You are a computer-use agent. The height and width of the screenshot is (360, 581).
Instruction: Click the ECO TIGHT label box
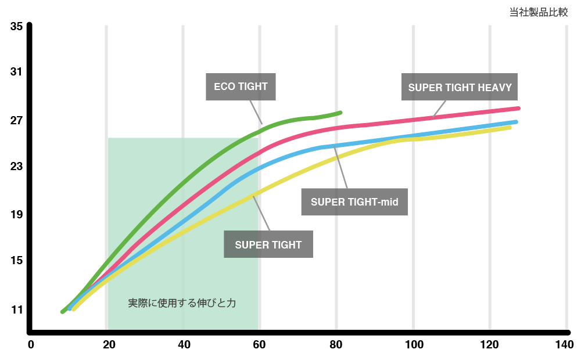[x=241, y=87]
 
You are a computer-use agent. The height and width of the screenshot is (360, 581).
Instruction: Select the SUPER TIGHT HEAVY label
[x=460, y=88]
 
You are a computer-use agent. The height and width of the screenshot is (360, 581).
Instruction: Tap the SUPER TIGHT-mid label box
[x=354, y=202]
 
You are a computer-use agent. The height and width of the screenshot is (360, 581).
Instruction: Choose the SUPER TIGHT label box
[x=268, y=244]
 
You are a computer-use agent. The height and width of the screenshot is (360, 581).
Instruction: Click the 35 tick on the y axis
[x=16, y=27]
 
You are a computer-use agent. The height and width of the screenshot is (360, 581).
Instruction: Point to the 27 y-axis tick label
[x=16, y=121]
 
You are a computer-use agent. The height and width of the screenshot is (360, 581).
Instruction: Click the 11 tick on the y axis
[x=16, y=309]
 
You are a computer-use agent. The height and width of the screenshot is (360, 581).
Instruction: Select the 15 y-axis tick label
[x=16, y=261]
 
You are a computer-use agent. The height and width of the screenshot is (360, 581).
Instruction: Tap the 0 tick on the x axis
[x=31, y=345]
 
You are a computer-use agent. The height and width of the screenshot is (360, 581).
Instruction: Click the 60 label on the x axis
[x=259, y=345]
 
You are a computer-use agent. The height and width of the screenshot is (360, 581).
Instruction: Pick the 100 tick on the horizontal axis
[x=414, y=345]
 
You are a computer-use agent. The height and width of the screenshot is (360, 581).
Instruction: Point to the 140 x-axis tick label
[x=565, y=345]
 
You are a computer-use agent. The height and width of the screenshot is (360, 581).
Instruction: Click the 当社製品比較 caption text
[x=538, y=12]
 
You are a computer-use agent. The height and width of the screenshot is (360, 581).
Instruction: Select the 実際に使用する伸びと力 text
[x=182, y=303]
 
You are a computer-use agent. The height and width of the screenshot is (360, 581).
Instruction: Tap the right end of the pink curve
[x=518, y=109]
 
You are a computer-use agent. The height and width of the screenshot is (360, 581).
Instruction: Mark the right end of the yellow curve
[x=510, y=127]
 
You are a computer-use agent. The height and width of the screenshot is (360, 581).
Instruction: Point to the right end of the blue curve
[x=516, y=121]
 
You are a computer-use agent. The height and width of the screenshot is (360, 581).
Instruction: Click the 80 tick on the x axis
[x=337, y=345]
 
